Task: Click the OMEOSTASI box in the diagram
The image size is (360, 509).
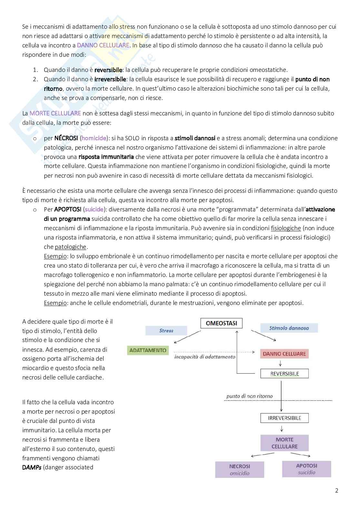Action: pos(221,323)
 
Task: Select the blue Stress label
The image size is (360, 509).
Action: pos(166,330)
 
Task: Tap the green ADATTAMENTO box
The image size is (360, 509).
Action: pos(148,350)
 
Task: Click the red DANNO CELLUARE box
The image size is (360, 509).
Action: pos(284,354)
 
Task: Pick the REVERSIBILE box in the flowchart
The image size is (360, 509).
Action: pos(284,374)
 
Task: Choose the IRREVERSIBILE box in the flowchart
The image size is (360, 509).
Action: pos(284,418)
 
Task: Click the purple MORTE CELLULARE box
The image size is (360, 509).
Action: pos(285,443)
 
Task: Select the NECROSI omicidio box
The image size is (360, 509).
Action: pos(239,470)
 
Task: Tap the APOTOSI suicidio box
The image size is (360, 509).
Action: pos(306,469)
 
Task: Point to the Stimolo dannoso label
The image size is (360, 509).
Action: pos(289,328)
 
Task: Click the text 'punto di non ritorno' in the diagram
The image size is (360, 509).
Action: pos(249,396)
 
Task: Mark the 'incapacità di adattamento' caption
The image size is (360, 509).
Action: pos(205,357)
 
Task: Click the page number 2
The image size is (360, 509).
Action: pos(337,491)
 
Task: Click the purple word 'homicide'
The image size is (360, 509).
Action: pos(94,138)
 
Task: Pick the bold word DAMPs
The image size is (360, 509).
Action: pos(32,467)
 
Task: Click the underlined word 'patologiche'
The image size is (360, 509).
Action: pos(71,247)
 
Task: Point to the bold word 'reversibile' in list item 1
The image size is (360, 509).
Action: pos(108,70)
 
